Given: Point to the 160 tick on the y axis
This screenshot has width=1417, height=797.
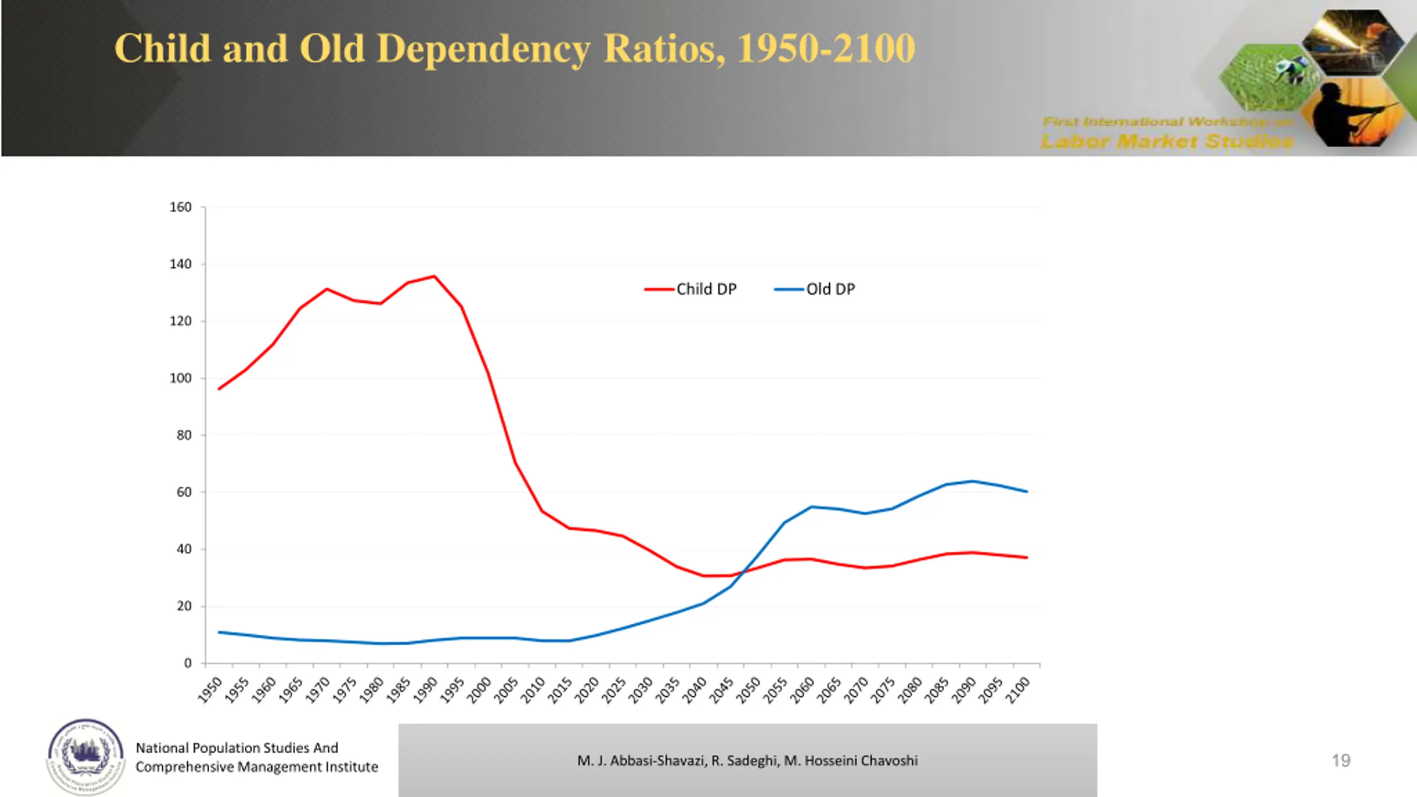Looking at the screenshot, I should coord(180,207).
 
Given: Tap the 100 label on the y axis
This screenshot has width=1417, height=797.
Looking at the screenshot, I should coord(180,379).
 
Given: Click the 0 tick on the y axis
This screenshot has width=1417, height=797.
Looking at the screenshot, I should coord(188,663).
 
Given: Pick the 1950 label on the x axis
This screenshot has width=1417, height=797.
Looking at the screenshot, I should coord(210,690).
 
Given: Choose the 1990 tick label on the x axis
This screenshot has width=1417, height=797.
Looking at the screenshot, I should coord(426,690).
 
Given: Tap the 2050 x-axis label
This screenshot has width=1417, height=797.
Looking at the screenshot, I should coord(749,690).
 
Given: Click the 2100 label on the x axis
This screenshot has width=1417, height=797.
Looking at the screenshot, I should coord(1018,690).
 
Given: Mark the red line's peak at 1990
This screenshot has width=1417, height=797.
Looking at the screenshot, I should coord(435,276).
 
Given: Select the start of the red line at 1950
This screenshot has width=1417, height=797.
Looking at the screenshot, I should coord(219,389).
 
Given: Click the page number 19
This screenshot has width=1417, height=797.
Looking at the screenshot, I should coord(1341,760).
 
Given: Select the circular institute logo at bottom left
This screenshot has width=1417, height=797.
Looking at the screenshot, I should coord(85,756).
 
